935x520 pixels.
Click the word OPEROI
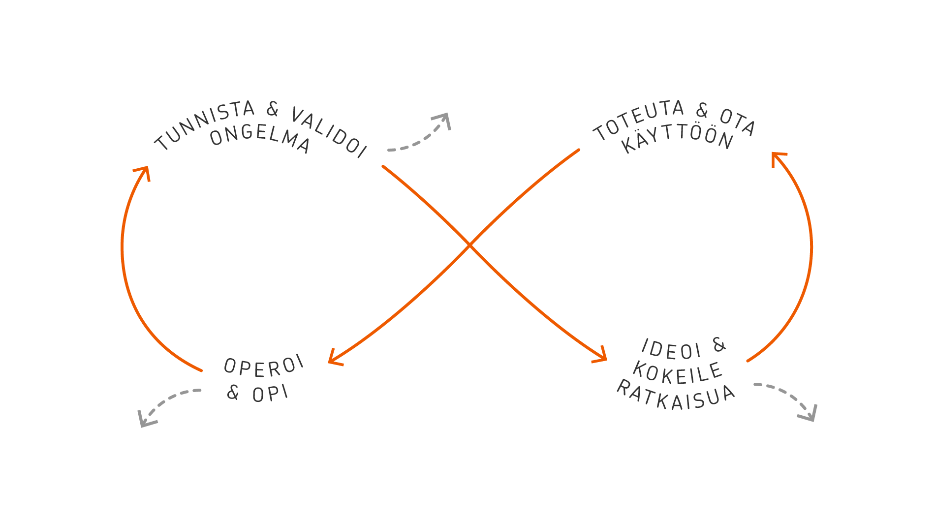[264, 366]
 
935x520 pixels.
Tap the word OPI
[270, 394]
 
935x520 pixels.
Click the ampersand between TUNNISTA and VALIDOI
[272, 109]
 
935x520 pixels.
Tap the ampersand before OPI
[233, 392]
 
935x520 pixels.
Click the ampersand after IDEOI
[719, 345]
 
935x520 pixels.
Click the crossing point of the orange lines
[469, 245]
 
